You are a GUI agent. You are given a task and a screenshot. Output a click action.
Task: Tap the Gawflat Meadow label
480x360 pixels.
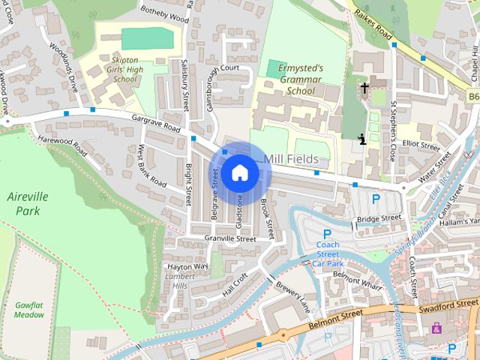tap(29, 309)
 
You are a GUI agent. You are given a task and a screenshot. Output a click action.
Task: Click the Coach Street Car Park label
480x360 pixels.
tap(328, 254)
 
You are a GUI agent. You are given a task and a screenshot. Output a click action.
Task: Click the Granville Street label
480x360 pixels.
tap(230, 238)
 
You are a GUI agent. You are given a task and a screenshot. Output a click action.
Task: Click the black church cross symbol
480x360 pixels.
tap(364, 88)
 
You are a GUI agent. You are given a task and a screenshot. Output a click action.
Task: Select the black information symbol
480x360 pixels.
tap(363, 138)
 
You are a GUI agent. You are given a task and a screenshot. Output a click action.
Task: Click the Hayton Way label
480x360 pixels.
tap(187, 265)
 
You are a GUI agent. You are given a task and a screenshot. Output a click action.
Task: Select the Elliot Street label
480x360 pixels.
tap(421, 145)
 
